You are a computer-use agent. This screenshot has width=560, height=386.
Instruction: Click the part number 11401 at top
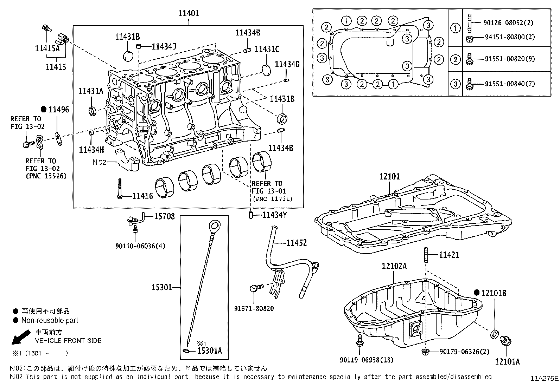pyautogui.click(x=189, y=13)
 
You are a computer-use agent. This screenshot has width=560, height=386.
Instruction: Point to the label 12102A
pyautogui.click(x=394, y=266)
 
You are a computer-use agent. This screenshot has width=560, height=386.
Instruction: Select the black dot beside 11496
pyautogui.click(x=44, y=109)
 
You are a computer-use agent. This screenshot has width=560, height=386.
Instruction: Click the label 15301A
pyautogui.click(x=210, y=351)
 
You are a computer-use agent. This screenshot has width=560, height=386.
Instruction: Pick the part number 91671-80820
pyautogui.click(x=254, y=309)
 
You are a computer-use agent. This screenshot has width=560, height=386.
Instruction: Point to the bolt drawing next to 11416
pyautogui.click(x=120, y=190)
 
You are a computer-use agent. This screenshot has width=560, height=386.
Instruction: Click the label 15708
pyautogui.click(x=164, y=216)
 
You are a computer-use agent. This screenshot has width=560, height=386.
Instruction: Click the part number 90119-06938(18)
pyautogui.click(x=367, y=360)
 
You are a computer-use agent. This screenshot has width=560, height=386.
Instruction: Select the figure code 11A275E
pyautogui.click(x=545, y=378)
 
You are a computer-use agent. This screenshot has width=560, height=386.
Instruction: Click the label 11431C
pyautogui.click(x=267, y=49)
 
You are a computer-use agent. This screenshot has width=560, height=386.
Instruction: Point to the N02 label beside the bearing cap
pyautogui.click(x=99, y=162)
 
